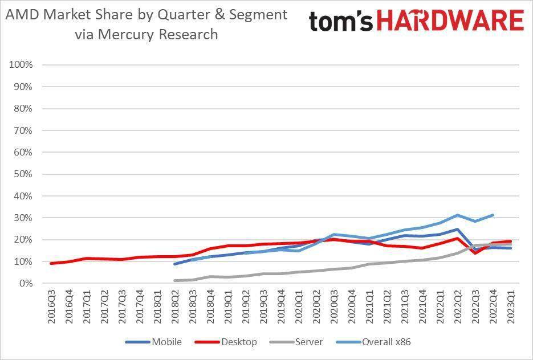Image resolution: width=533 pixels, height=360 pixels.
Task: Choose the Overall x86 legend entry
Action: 385,342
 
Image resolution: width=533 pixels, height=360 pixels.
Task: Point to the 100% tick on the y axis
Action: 21,65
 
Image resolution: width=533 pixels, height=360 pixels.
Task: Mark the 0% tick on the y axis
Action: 26,283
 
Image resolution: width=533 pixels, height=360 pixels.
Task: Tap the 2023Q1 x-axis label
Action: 511,308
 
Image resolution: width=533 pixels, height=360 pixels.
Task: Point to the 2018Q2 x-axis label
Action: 176,308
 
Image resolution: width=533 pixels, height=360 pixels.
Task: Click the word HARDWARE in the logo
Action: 450,21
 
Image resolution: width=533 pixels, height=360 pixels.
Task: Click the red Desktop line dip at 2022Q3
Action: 475,253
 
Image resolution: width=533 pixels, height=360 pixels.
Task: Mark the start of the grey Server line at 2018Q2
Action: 175,280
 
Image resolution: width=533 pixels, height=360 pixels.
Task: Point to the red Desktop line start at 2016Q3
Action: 52,263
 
